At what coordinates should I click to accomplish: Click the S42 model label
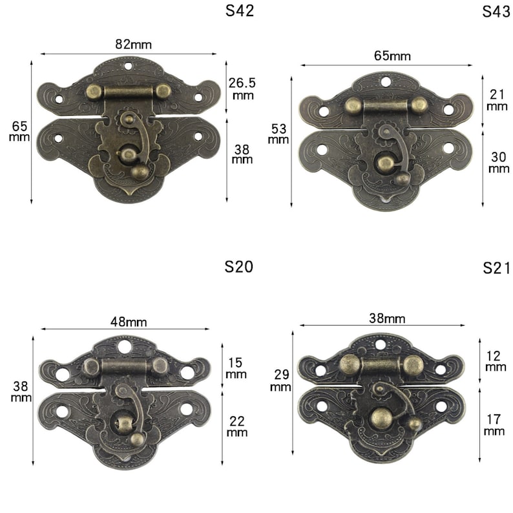(x=240, y=11)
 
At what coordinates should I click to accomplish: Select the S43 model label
(x=496, y=12)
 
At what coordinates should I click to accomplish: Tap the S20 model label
(x=239, y=267)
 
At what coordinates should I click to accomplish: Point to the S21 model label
(x=496, y=268)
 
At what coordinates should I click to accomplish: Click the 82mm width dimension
(x=134, y=44)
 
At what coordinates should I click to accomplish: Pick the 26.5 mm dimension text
(x=242, y=89)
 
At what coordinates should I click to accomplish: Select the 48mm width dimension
(x=129, y=322)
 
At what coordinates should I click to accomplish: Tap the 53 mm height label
(x=278, y=134)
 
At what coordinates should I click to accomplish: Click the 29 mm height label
(x=280, y=381)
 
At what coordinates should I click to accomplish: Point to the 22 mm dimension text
(x=237, y=426)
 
